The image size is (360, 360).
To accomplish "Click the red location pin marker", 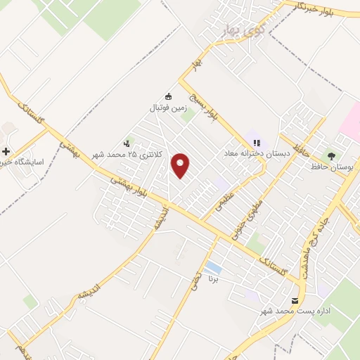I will (181, 165).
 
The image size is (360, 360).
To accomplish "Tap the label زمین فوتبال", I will (167, 109).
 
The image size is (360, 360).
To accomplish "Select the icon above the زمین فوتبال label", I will (167, 96).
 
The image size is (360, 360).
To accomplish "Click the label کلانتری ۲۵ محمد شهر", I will (139, 153).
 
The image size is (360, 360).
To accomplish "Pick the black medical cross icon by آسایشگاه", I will (6, 152).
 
